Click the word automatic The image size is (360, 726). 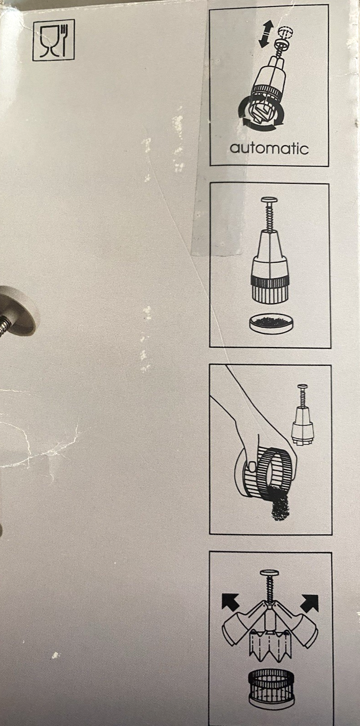269,148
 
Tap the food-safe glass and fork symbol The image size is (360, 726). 54,40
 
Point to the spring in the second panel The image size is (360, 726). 270,217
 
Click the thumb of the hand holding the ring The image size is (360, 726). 252,466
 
